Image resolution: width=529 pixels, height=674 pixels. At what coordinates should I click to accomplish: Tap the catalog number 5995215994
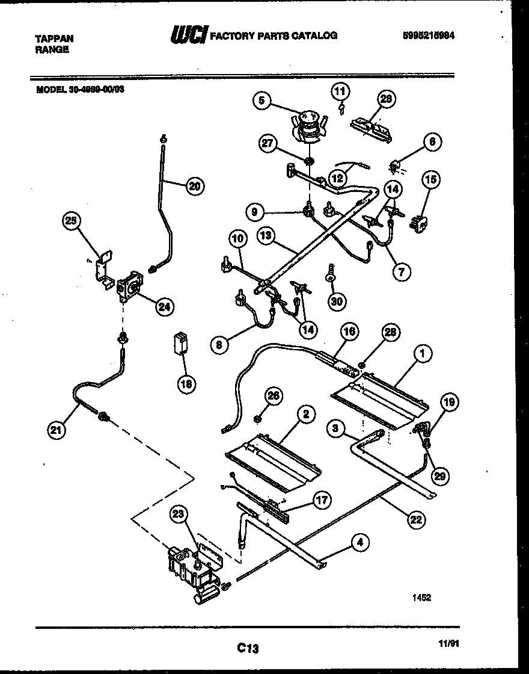[428, 35]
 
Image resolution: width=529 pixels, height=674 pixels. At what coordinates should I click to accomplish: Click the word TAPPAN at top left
[55, 38]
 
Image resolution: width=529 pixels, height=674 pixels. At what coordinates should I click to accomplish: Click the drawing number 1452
[422, 598]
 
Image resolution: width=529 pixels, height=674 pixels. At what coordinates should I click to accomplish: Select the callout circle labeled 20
[194, 186]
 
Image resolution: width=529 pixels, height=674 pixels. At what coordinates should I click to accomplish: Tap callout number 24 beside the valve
[163, 307]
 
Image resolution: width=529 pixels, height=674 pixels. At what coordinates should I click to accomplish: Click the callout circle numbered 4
[359, 542]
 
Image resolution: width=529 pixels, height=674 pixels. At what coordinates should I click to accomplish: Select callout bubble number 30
[337, 301]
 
